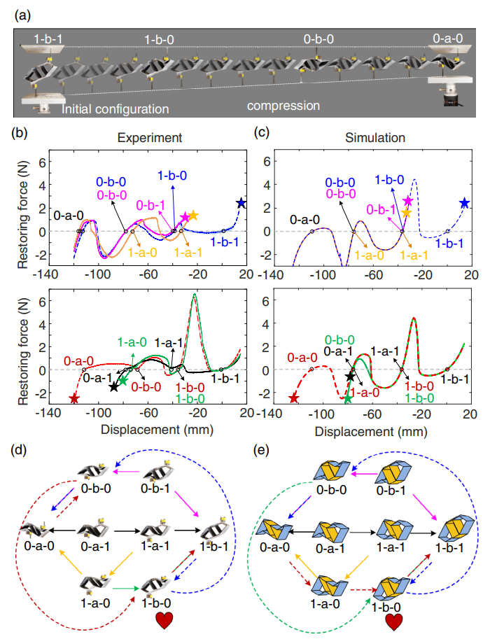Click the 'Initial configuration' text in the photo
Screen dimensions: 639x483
(115, 109)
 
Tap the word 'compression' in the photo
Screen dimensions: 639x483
(283, 106)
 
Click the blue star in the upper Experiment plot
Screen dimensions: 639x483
(241, 203)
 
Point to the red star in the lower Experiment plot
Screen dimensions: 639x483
(75, 399)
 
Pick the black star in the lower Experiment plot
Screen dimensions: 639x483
(114, 386)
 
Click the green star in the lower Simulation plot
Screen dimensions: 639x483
(348, 398)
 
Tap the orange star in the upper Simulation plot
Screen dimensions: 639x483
(406, 212)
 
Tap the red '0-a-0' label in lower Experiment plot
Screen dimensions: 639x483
(78, 361)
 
